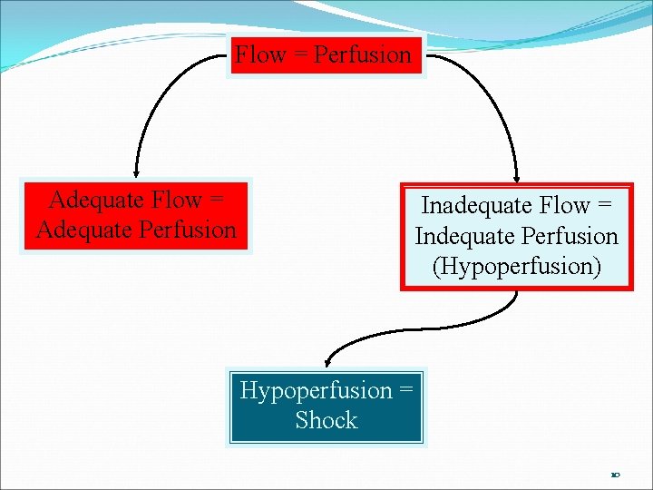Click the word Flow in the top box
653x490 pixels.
tap(261, 55)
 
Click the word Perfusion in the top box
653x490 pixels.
tap(362, 55)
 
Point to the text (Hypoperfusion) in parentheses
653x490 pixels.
tap(516, 266)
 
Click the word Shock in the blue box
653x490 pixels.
tap(326, 420)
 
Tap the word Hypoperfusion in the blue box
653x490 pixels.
tap(315, 390)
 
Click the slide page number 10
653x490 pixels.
tap(615, 475)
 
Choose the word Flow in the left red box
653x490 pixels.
tap(177, 200)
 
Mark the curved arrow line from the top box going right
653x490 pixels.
tap(490, 91)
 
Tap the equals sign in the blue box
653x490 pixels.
tap(405, 391)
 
